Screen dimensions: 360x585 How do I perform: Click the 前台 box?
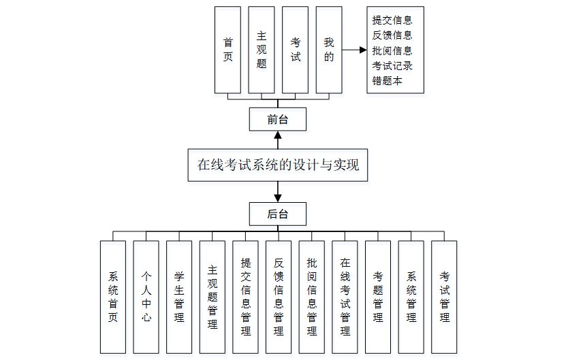(x=278, y=119)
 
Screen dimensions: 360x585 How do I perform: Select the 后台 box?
(x=278, y=214)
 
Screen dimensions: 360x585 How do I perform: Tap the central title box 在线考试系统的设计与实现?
(x=278, y=165)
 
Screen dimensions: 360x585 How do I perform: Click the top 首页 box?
(x=227, y=50)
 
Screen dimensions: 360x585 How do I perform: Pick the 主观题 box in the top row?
(x=262, y=50)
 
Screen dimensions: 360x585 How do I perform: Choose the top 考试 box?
(x=295, y=50)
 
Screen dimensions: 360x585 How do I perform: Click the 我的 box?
(x=329, y=50)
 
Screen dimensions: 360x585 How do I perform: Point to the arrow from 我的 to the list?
(x=354, y=50)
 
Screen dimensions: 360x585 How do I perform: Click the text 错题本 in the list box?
(x=388, y=80)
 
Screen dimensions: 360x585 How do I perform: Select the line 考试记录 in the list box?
(x=392, y=65)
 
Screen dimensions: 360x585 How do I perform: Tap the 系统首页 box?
(x=113, y=297)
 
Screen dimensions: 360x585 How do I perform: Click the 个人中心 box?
(x=146, y=297)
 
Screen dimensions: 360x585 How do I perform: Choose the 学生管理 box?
(x=179, y=297)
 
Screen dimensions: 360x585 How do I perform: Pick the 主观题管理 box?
(x=212, y=297)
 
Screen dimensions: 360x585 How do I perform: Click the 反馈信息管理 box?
(x=279, y=297)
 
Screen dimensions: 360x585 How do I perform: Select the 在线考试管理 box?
(x=345, y=297)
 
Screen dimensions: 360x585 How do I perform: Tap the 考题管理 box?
(x=378, y=297)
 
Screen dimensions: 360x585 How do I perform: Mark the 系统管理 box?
(x=411, y=297)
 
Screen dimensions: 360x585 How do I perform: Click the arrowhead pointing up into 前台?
(x=278, y=135)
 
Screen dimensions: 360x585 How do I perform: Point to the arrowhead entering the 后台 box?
(x=278, y=198)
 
